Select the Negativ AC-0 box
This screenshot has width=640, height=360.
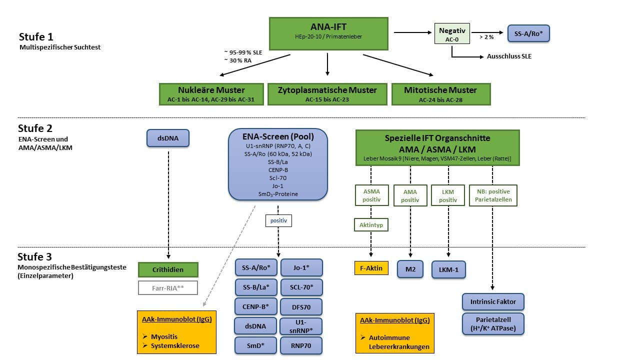(x=451, y=34)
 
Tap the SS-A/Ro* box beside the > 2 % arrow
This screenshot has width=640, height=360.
(x=528, y=34)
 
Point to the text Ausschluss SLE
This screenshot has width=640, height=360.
(x=509, y=56)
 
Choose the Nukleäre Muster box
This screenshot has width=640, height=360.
(x=211, y=94)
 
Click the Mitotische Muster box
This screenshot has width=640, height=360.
(x=440, y=94)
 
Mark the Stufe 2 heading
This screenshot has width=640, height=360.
(x=35, y=128)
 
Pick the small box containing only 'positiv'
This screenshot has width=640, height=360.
(x=278, y=220)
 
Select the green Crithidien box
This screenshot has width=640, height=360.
(x=168, y=269)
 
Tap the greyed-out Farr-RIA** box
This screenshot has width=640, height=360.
(x=168, y=288)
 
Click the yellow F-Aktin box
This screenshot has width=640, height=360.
(x=371, y=268)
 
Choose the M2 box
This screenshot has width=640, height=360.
(x=410, y=269)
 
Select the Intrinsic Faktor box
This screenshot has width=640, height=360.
(x=493, y=302)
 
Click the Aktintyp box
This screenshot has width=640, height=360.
(x=371, y=225)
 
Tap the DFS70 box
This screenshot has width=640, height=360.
(x=301, y=307)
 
